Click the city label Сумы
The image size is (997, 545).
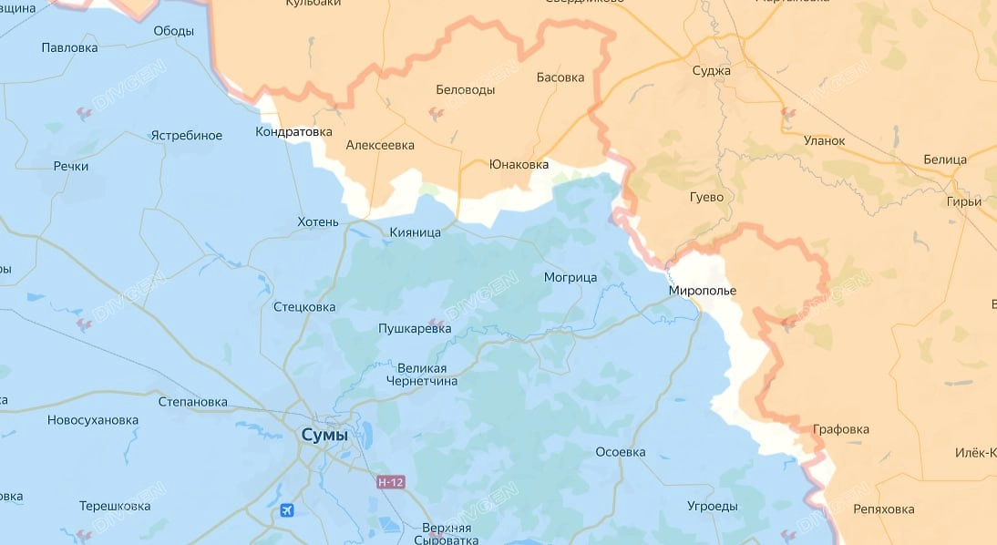324,437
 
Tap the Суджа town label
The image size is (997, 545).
712,70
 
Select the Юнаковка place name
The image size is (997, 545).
519,165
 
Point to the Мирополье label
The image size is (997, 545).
701,291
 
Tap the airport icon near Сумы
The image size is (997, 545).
289,510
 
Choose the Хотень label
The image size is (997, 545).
318,222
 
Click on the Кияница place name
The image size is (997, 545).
415,232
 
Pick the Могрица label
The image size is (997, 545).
570,276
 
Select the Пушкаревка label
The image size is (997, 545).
415,328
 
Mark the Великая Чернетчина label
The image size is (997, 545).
421,375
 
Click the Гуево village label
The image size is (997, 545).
706,197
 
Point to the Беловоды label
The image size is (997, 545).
466,90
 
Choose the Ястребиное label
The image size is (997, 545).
186,136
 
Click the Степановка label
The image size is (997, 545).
192,402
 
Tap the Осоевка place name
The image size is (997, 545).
620,452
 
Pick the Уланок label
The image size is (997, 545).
824,140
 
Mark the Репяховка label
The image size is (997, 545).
883,509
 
